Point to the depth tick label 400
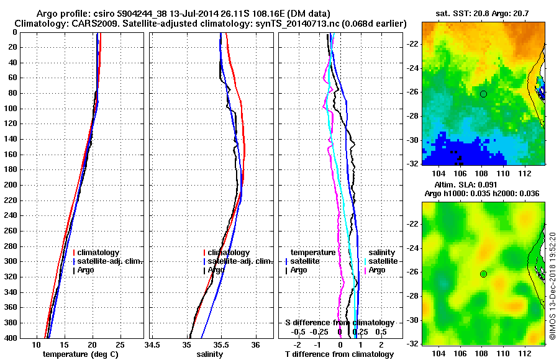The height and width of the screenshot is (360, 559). pos(11,338)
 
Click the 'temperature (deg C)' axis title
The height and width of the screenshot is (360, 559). pos(80,354)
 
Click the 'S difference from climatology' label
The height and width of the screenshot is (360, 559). pos(339,323)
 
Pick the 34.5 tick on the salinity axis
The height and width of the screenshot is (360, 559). pos(152,344)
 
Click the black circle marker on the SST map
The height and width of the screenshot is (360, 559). pos(483,94)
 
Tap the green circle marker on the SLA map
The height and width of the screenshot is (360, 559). pos(483,274)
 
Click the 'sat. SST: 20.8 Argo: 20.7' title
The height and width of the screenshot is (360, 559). pos(482,13)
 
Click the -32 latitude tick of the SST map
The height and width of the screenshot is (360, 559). pos(412,164)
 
